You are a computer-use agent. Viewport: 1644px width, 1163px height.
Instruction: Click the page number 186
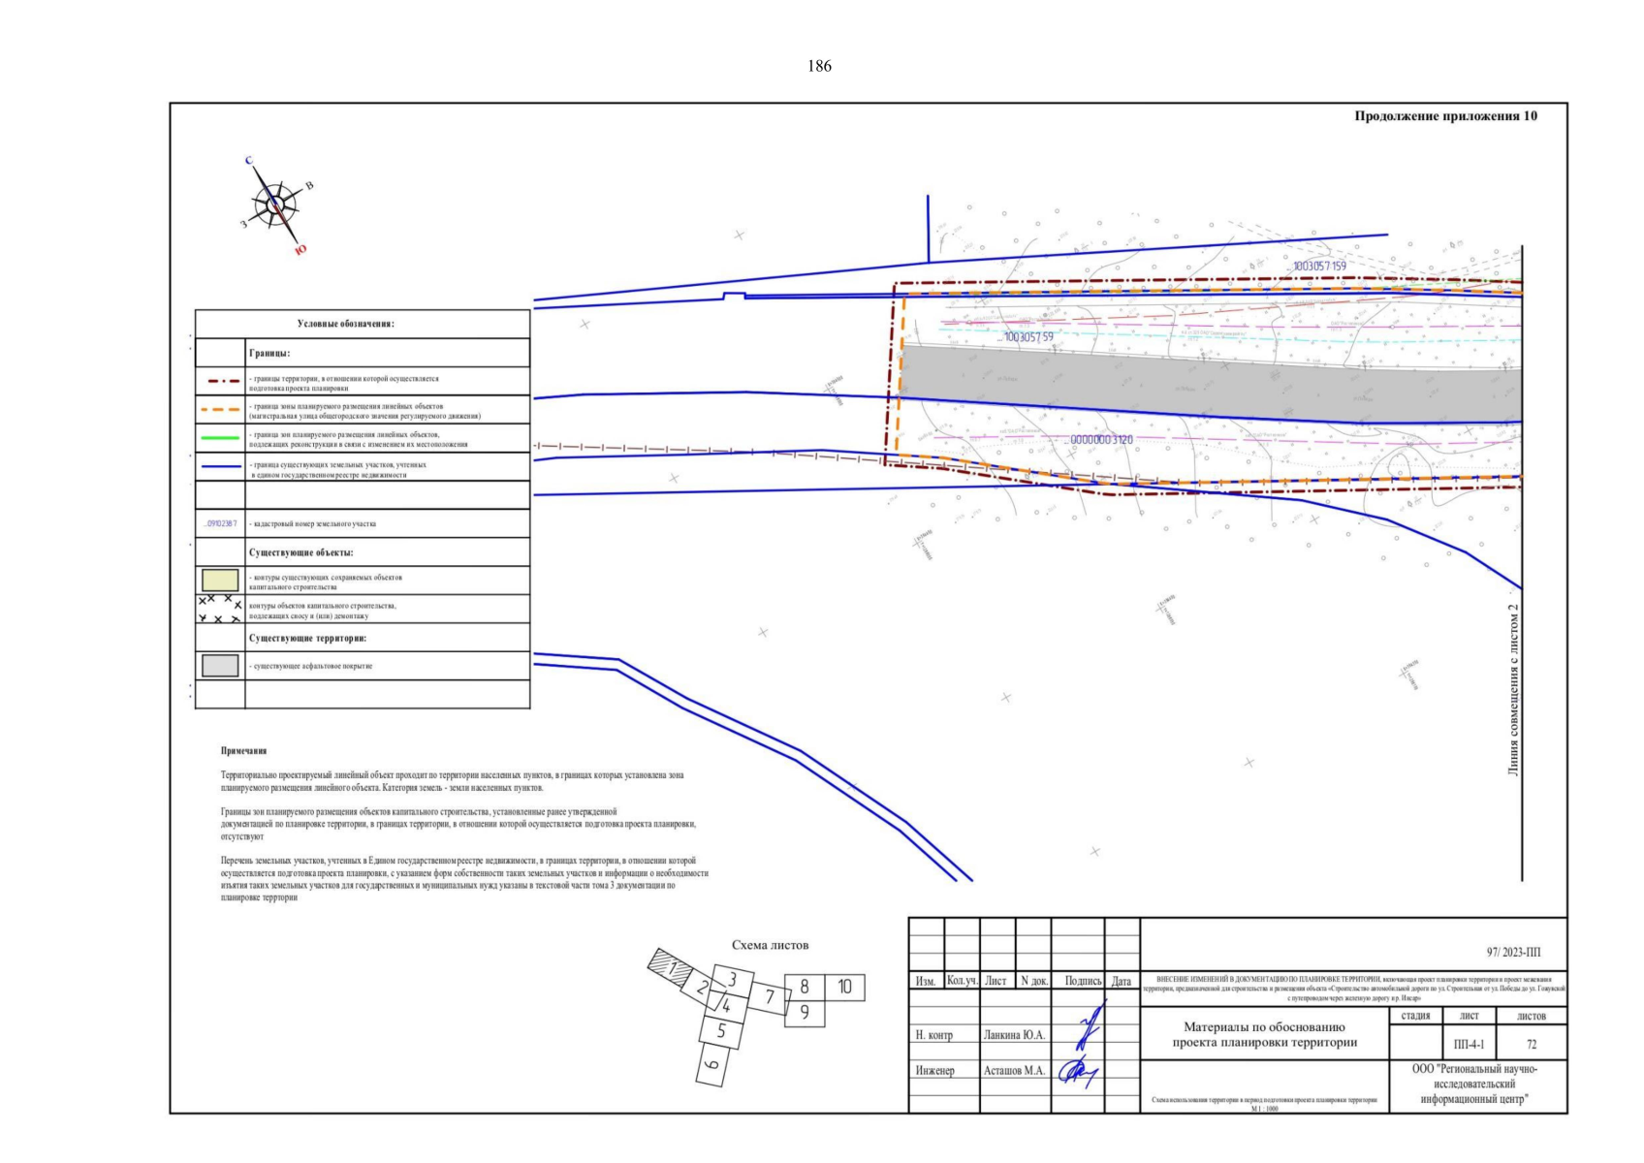click(x=819, y=66)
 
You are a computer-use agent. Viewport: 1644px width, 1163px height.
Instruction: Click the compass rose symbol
click(x=275, y=205)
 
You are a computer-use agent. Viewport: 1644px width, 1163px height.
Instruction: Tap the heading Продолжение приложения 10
click(x=1445, y=116)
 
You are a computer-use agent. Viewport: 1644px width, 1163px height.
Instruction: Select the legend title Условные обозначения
click(x=346, y=324)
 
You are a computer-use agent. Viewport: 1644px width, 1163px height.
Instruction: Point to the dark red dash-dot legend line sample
click(x=220, y=381)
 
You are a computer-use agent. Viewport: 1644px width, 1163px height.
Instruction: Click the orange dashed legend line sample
click(x=220, y=410)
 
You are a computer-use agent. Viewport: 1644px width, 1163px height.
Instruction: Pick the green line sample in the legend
click(x=220, y=438)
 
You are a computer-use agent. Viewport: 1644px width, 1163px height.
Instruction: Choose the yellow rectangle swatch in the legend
click(x=220, y=581)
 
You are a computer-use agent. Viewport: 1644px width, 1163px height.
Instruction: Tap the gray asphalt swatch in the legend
click(x=220, y=666)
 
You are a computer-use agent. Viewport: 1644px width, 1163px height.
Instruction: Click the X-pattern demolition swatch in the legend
click(x=220, y=610)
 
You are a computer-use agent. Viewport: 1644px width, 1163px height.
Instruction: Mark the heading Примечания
click(x=243, y=751)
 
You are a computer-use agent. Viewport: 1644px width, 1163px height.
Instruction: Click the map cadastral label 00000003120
click(x=1101, y=440)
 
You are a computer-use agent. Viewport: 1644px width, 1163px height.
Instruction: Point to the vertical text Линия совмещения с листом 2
click(x=1513, y=690)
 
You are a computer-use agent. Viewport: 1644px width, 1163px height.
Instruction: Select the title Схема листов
click(x=770, y=945)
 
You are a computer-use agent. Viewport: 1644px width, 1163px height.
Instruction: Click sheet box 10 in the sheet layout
click(x=844, y=988)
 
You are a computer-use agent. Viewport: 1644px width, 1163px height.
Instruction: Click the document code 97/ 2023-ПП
click(x=1513, y=953)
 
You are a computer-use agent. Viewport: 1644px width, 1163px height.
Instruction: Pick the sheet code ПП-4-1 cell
click(x=1469, y=1045)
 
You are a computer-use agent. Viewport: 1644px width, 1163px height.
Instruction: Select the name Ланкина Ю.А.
click(x=1014, y=1035)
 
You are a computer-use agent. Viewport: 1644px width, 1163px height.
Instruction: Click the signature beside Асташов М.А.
click(x=1077, y=1072)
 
